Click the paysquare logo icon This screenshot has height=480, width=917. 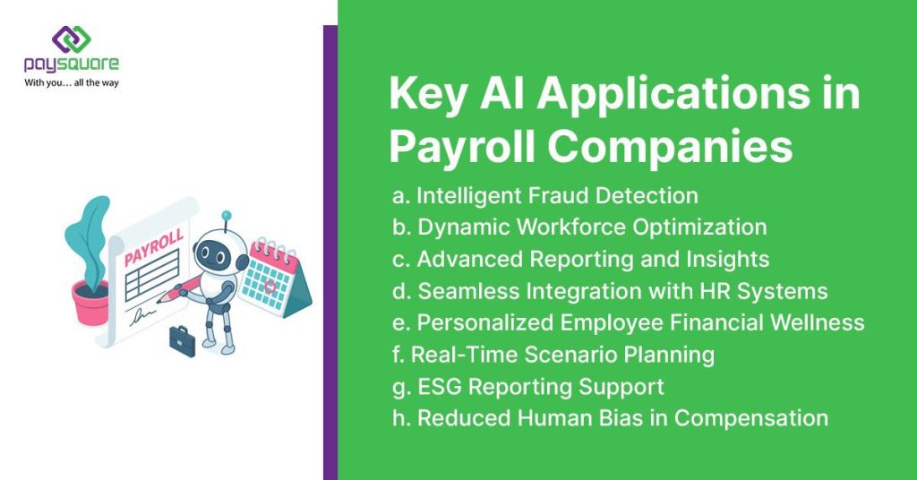71,39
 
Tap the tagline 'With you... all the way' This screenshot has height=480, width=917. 72,82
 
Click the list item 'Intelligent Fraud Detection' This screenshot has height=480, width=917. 545,195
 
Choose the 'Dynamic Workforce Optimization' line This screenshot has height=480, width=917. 579,227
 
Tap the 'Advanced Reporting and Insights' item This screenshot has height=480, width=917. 581,259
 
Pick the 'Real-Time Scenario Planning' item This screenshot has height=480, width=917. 553,355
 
